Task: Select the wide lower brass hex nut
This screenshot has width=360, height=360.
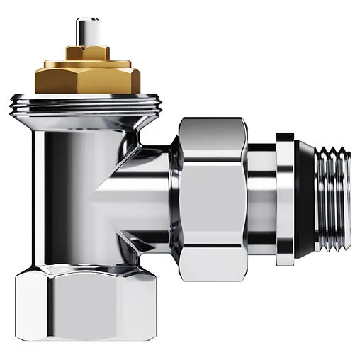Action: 92,77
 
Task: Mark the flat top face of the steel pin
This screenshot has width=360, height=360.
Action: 92,22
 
